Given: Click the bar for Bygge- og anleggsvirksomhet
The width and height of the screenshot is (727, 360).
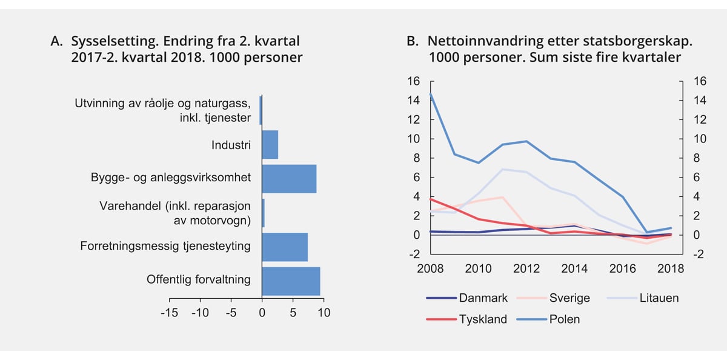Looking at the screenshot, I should click(289, 179).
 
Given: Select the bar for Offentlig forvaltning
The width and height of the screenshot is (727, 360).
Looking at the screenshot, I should click(291, 281).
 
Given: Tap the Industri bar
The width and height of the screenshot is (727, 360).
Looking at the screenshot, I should click(270, 145).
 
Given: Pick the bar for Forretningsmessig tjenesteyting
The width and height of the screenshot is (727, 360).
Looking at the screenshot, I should click(285, 247).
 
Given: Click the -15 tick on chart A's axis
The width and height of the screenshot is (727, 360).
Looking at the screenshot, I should click(169, 313).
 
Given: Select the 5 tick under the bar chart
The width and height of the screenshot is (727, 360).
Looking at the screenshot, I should click(293, 313).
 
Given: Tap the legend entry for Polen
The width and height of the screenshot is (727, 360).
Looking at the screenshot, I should click(563, 319).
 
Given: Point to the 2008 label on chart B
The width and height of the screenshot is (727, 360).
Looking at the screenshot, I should click(431, 268).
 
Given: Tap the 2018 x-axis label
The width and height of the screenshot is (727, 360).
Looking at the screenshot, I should click(671, 268).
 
